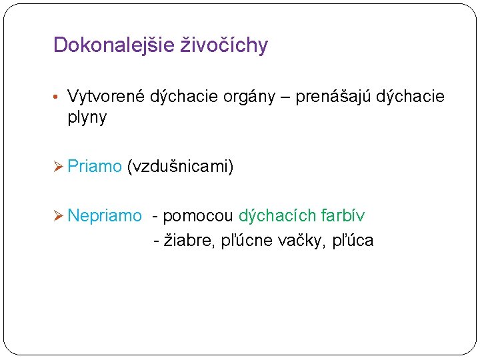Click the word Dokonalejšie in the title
click(115, 45)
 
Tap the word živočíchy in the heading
click(225, 45)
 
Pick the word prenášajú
click(333, 97)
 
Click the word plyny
click(87, 118)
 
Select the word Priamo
click(95, 166)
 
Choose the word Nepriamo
click(105, 215)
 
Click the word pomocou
click(198, 215)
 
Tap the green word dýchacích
click(277, 215)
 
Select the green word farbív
click(343, 215)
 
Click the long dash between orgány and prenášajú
click(285, 98)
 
